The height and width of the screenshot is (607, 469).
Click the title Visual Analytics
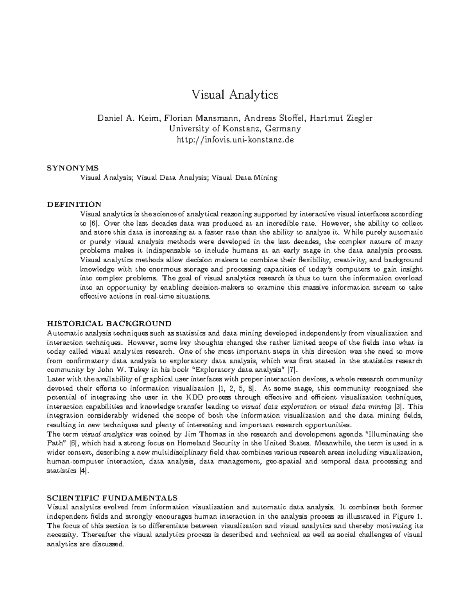[x=234, y=95]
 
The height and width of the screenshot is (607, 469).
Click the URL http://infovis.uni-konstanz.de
[x=234, y=139]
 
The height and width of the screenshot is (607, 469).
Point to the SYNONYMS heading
[x=73, y=168]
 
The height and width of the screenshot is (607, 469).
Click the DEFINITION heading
[x=74, y=204]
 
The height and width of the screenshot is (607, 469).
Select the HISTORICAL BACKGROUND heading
[x=109, y=324]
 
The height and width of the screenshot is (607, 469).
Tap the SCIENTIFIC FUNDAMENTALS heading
[x=112, y=498]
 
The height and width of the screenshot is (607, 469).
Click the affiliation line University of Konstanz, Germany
[x=234, y=129]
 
